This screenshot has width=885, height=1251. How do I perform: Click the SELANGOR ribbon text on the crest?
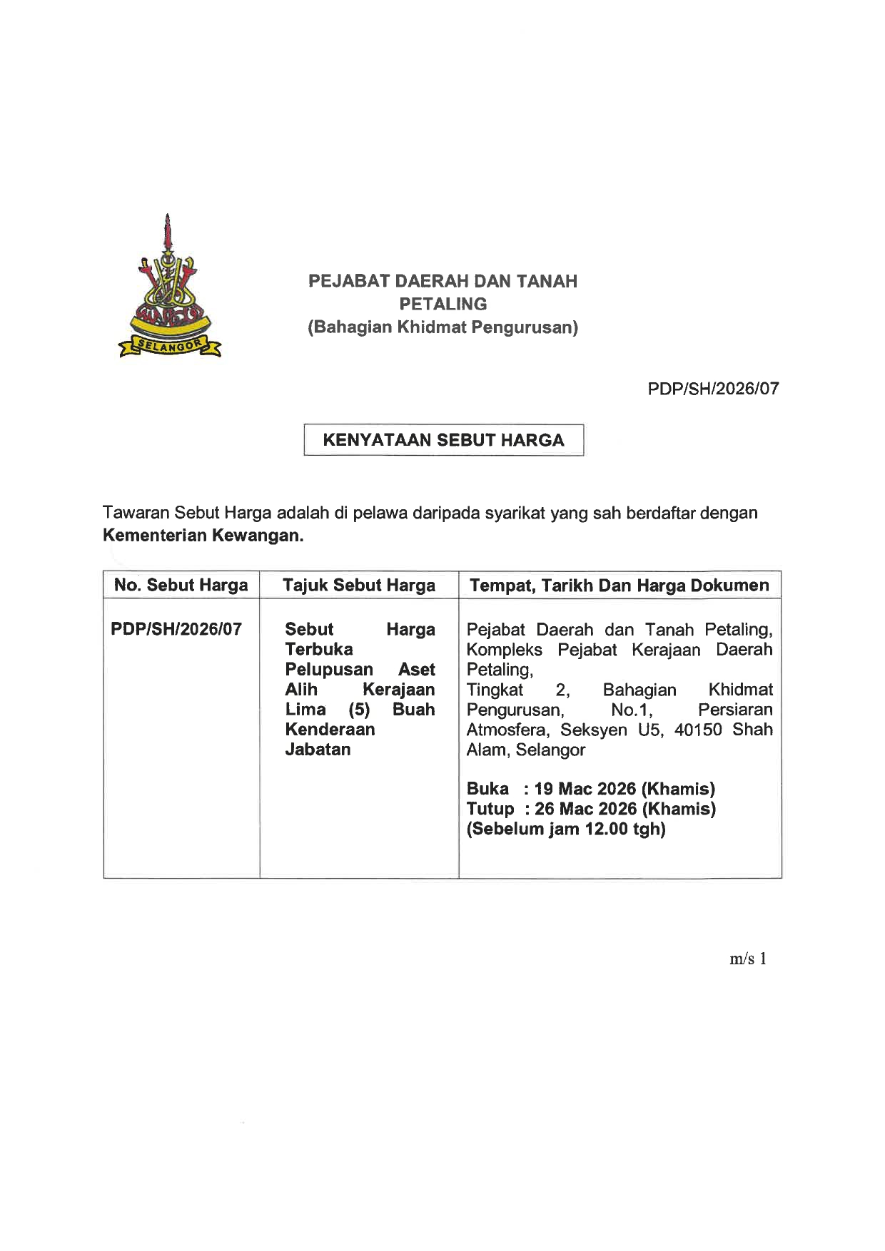pyautogui.click(x=170, y=346)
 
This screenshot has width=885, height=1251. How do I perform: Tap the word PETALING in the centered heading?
pyautogui.click(x=442, y=304)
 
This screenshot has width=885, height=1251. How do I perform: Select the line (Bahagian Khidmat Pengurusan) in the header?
pyautogui.click(x=442, y=327)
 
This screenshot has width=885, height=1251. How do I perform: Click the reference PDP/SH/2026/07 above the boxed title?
pyautogui.click(x=713, y=389)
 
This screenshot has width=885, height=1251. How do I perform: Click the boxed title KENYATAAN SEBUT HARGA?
pyautogui.click(x=443, y=440)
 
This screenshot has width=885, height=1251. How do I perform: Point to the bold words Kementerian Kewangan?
pyautogui.click(x=203, y=536)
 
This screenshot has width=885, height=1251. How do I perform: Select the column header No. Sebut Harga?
pyautogui.click(x=181, y=586)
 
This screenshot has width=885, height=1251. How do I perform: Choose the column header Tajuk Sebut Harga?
pyautogui.click(x=358, y=586)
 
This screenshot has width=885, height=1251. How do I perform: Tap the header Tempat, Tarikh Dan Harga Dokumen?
pyautogui.click(x=619, y=586)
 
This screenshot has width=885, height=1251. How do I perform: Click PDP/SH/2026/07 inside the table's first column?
pyautogui.click(x=176, y=629)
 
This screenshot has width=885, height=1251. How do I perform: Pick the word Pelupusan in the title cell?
pyautogui.click(x=328, y=670)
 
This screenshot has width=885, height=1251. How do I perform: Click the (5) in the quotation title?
pyautogui.click(x=359, y=710)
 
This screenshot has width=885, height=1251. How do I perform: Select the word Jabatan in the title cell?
pyautogui.click(x=318, y=750)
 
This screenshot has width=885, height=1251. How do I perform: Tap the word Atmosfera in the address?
pyautogui.click(x=507, y=730)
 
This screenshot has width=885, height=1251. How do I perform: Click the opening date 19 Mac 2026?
pyautogui.click(x=585, y=789)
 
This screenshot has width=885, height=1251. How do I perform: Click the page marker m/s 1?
pyautogui.click(x=747, y=959)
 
